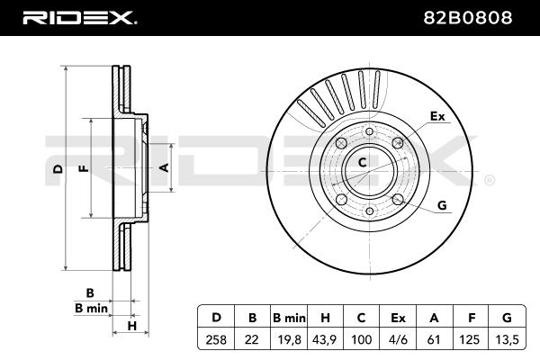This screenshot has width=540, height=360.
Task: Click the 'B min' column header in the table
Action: point(290,317)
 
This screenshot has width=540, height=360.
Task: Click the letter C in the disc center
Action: point(363,163)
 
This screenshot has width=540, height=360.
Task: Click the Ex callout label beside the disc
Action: point(437,117)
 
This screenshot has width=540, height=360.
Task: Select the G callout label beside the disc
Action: point(442,206)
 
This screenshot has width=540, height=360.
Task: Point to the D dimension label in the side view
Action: point(57,168)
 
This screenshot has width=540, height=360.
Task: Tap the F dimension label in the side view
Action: point(82,168)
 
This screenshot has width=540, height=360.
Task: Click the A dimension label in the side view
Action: point(164,167)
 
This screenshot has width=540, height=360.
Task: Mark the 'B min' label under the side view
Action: point(91,309)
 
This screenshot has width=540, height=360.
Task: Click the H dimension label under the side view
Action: point(130,325)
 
